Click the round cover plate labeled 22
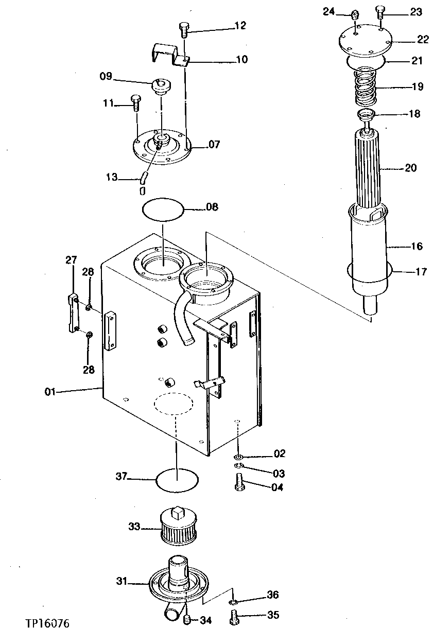tap(366, 41)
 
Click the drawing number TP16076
tap(47, 623)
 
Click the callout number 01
tap(50, 392)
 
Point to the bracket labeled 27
tap(72, 314)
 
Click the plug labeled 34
tap(187, 618)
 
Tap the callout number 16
tap(417, 247)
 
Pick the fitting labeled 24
tap(355, 15)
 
